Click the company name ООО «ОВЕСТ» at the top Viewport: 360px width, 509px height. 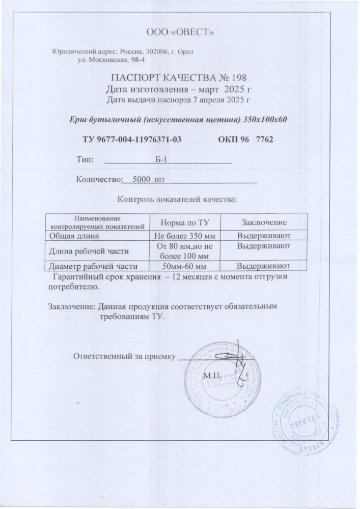pos(180,33)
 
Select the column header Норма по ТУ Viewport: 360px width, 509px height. pos(182,223)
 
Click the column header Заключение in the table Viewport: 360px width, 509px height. pos(264,223)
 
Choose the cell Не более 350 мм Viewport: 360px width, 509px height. pos(182,236)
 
